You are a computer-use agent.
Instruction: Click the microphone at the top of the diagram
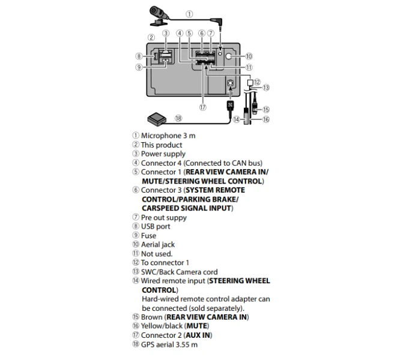click(x=157, y=11)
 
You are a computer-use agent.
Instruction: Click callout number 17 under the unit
click(x=202, y=108)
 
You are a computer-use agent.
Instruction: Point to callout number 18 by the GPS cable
click(x=178, y=118)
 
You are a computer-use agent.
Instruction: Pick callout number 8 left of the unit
click(x=139, y=56)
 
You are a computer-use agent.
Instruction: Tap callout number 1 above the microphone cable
click(x=189, y=13)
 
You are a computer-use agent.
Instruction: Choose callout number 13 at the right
click(x=266, y=88)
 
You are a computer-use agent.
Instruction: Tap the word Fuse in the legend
click(x=148, y=236)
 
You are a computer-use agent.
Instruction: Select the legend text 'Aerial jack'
click(x=158, y=245)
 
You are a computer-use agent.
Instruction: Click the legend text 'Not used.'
click(x=156, y=254)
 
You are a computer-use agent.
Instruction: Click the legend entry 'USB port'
click(x=156, y=226)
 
